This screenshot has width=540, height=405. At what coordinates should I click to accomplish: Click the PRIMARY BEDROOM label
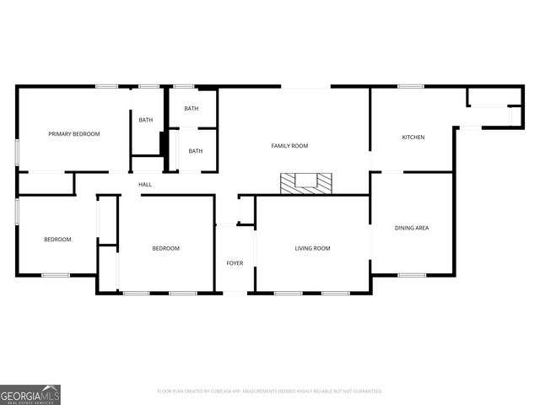coord(74,134)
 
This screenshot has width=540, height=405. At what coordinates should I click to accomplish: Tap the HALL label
coord(145,184)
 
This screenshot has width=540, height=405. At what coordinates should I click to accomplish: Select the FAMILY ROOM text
coord(289,146)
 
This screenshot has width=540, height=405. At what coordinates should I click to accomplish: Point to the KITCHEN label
coord(413,138)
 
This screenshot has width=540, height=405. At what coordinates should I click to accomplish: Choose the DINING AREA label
coord(412,227)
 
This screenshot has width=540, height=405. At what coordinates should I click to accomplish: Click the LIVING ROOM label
coord(312,248)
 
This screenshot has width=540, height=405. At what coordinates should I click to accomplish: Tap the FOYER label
coord(235,263)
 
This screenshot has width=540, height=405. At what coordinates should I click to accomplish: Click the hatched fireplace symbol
coord(308,183)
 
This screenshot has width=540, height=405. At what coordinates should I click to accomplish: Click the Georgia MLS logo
coord(30,394)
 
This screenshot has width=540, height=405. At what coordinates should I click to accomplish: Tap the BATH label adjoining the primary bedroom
coord(146,120)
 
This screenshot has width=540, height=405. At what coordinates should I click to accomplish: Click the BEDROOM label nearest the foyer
coord(165,248)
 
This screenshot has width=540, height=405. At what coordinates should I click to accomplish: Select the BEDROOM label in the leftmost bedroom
coord(57,240)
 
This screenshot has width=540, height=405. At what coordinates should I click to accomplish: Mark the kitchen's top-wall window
coord(411,86)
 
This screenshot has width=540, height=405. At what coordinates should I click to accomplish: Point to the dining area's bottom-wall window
coord(412,274)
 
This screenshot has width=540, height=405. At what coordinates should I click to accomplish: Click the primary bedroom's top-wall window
coord(106,86)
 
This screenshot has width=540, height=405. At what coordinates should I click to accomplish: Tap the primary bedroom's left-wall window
coord(18,152)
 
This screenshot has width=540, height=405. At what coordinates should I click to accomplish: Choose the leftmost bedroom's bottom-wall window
coord(56,274)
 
